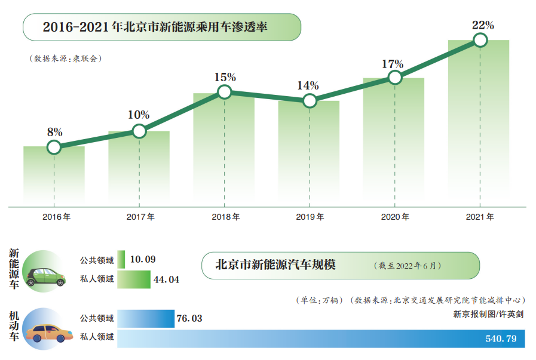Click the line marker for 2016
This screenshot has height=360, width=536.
click(54, 147)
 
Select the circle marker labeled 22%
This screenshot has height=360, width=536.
click(480, 40)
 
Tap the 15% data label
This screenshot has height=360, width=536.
click(225, 77)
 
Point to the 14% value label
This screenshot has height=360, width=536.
click(308, 85)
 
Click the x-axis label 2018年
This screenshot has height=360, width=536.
click(225, 217)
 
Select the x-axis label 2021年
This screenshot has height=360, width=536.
click(480, 217)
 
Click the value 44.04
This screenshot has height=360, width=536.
click(166, 279)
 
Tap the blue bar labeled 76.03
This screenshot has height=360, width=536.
click(146, 318)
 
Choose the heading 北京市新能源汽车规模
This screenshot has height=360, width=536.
click(275, 264)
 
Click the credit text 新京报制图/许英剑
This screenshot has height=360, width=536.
click(488, 312)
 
